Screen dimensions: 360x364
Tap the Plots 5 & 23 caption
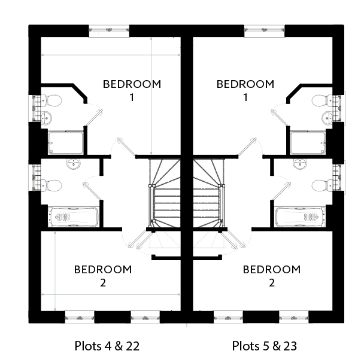click(x=265, y=346)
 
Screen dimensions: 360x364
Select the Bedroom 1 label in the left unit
click(x=132, y=90)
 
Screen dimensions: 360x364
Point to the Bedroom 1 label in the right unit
click(x=245, y=90)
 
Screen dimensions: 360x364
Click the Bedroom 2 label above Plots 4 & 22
click(x=103, y=276)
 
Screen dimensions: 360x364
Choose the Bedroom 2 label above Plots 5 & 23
click(x=271, y=276)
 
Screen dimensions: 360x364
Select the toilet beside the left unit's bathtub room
click(x=53, y=185)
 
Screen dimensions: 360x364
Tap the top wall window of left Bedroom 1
click(x=108, y=29)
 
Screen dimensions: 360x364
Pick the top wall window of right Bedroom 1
click(x=264, y=29)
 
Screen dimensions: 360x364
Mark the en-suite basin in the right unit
click(x=327, y=116)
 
